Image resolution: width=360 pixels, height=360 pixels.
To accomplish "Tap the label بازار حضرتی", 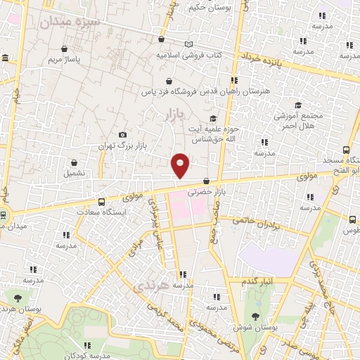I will coord(205,191).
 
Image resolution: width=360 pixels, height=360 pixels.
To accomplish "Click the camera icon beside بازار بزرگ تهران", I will coord(123,135).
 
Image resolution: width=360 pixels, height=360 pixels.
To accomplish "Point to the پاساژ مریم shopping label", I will coord(65,60).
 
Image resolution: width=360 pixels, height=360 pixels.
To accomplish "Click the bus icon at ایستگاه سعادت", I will coord(102,202).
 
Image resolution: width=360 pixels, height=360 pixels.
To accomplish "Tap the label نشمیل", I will coord(74,172).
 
